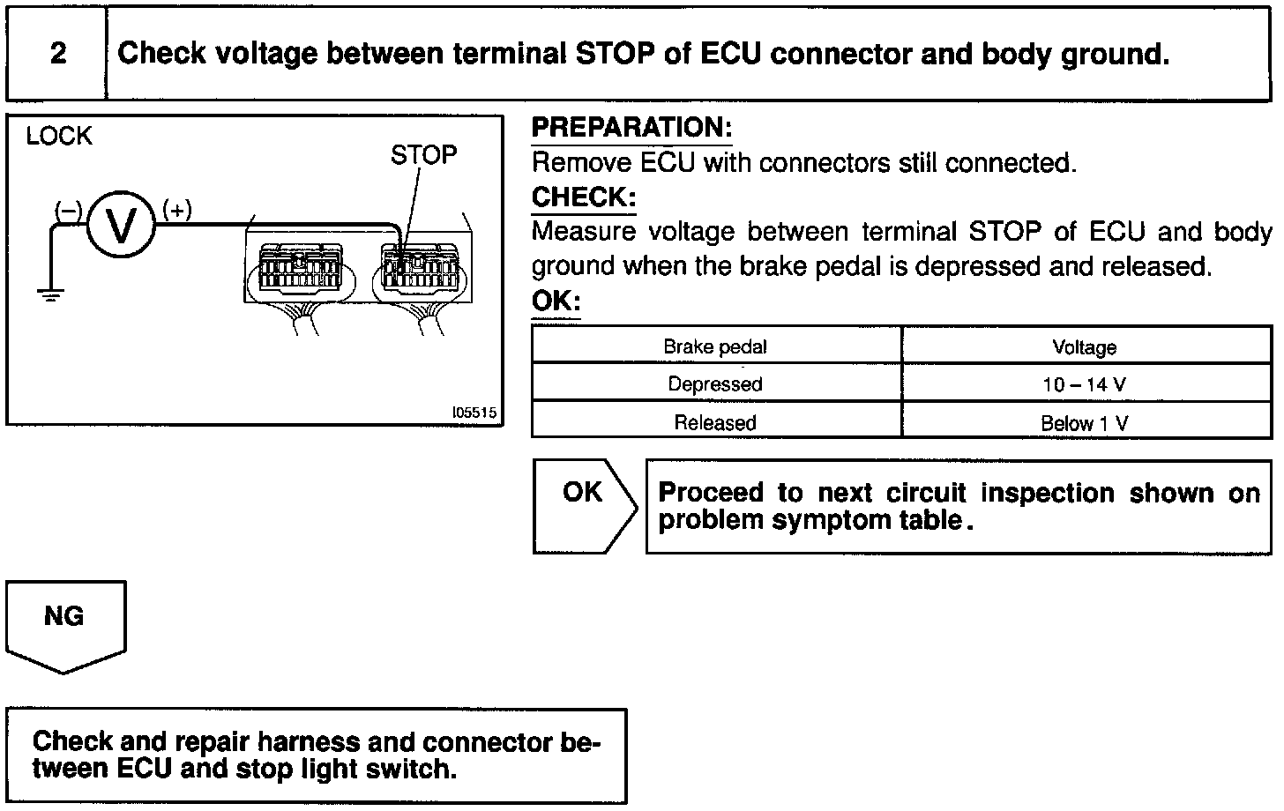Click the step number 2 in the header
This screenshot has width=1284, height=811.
58,53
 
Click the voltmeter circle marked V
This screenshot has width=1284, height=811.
120,226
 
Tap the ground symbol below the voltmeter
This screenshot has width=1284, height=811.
51,294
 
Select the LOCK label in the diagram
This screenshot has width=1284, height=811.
59,136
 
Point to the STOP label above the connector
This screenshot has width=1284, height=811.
423,155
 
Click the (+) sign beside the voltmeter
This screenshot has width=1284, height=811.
177,210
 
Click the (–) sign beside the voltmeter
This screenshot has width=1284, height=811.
69,210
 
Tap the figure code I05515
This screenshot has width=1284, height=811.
474,412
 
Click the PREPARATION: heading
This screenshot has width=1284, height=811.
631,128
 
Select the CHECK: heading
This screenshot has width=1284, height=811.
583,197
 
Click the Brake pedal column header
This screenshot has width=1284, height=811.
715,346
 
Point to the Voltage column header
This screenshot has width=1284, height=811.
1085,347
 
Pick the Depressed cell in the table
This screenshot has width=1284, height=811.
715,384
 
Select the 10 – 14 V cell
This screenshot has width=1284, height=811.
1085,385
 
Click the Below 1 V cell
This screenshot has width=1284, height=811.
1085,423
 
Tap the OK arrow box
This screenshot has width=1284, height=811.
583,505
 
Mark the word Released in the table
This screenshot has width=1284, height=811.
715,423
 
